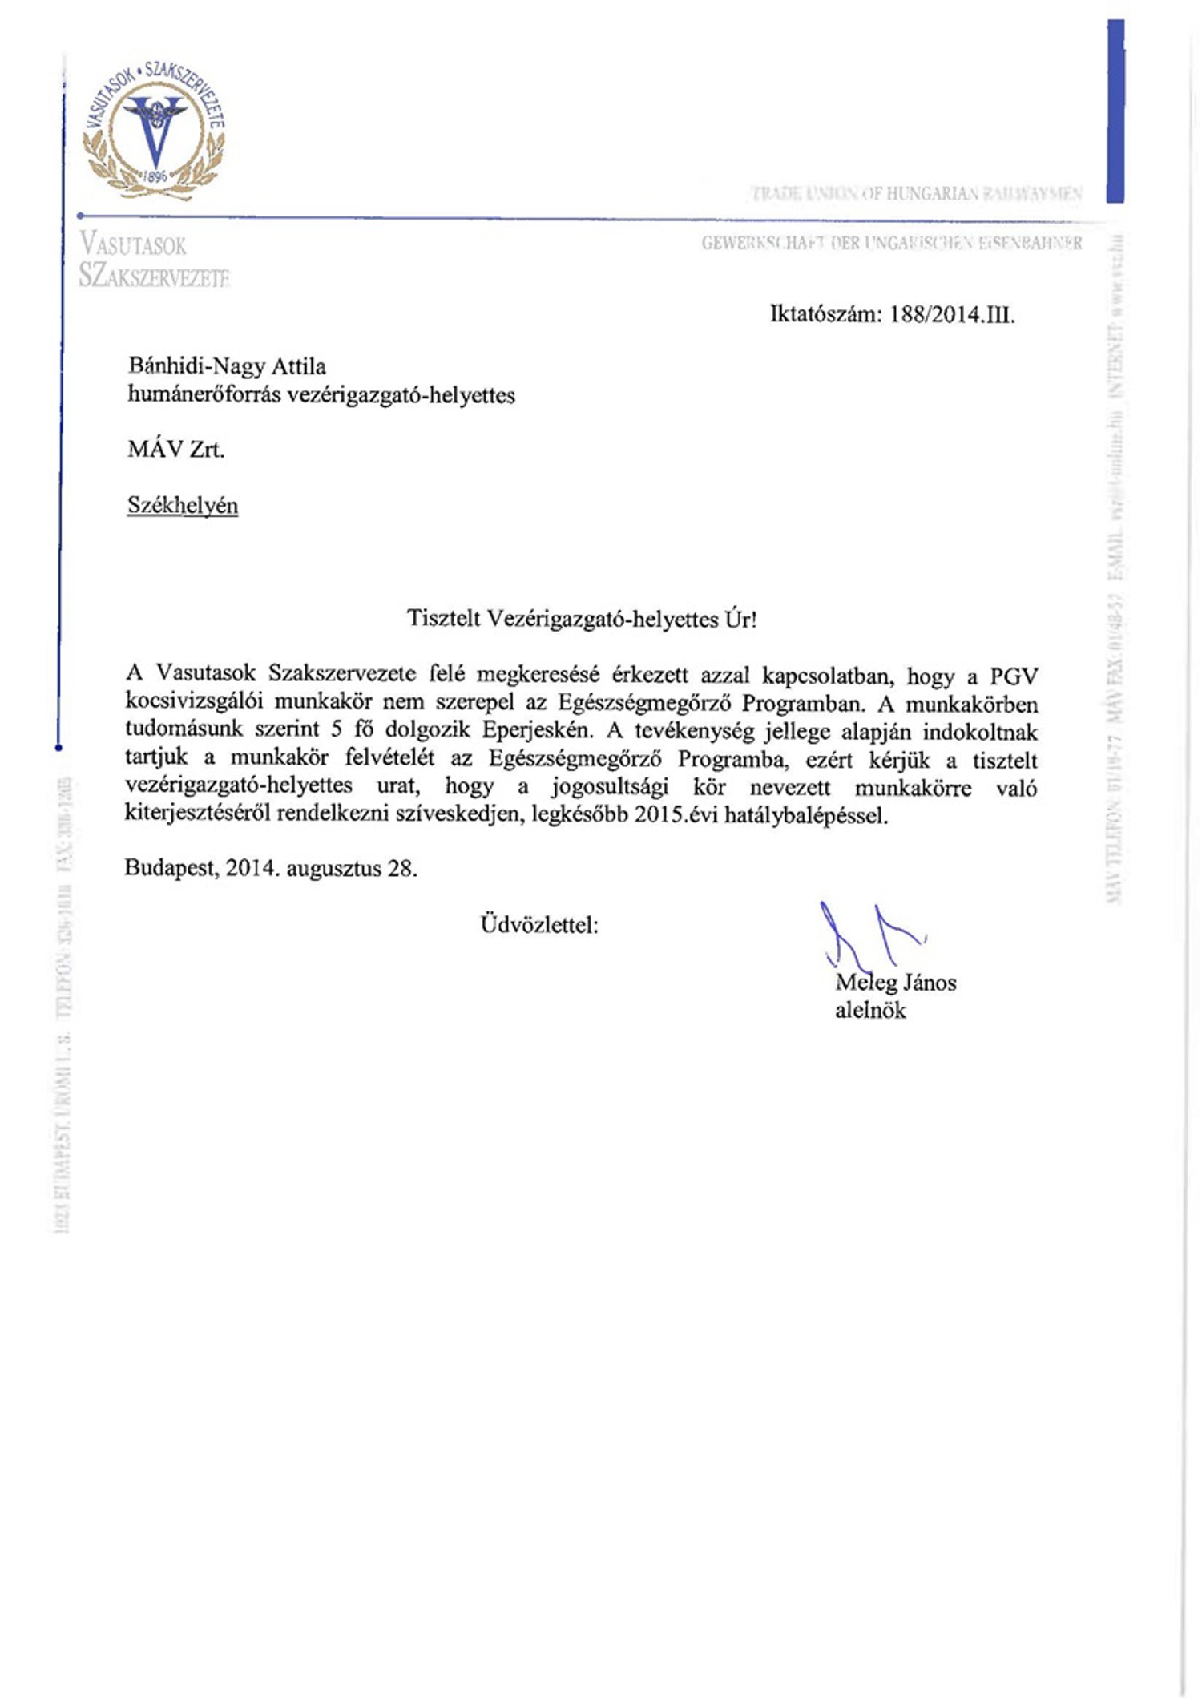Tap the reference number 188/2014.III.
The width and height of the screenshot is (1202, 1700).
tap(952, 314)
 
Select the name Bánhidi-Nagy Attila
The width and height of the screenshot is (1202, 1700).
tap(227, 366)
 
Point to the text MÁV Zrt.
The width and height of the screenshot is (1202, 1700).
tap(175, 450)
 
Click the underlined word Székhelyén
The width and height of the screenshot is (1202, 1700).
tap(183, 506)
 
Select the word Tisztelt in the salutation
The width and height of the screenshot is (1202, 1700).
tap(443, 619)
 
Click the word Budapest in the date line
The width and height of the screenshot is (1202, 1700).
tap(171, 868)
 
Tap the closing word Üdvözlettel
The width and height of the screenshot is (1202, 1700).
tap(538, 926)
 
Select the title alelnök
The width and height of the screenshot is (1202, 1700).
tap(870, 1011)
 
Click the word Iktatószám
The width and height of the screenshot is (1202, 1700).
tap(825, 314)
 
